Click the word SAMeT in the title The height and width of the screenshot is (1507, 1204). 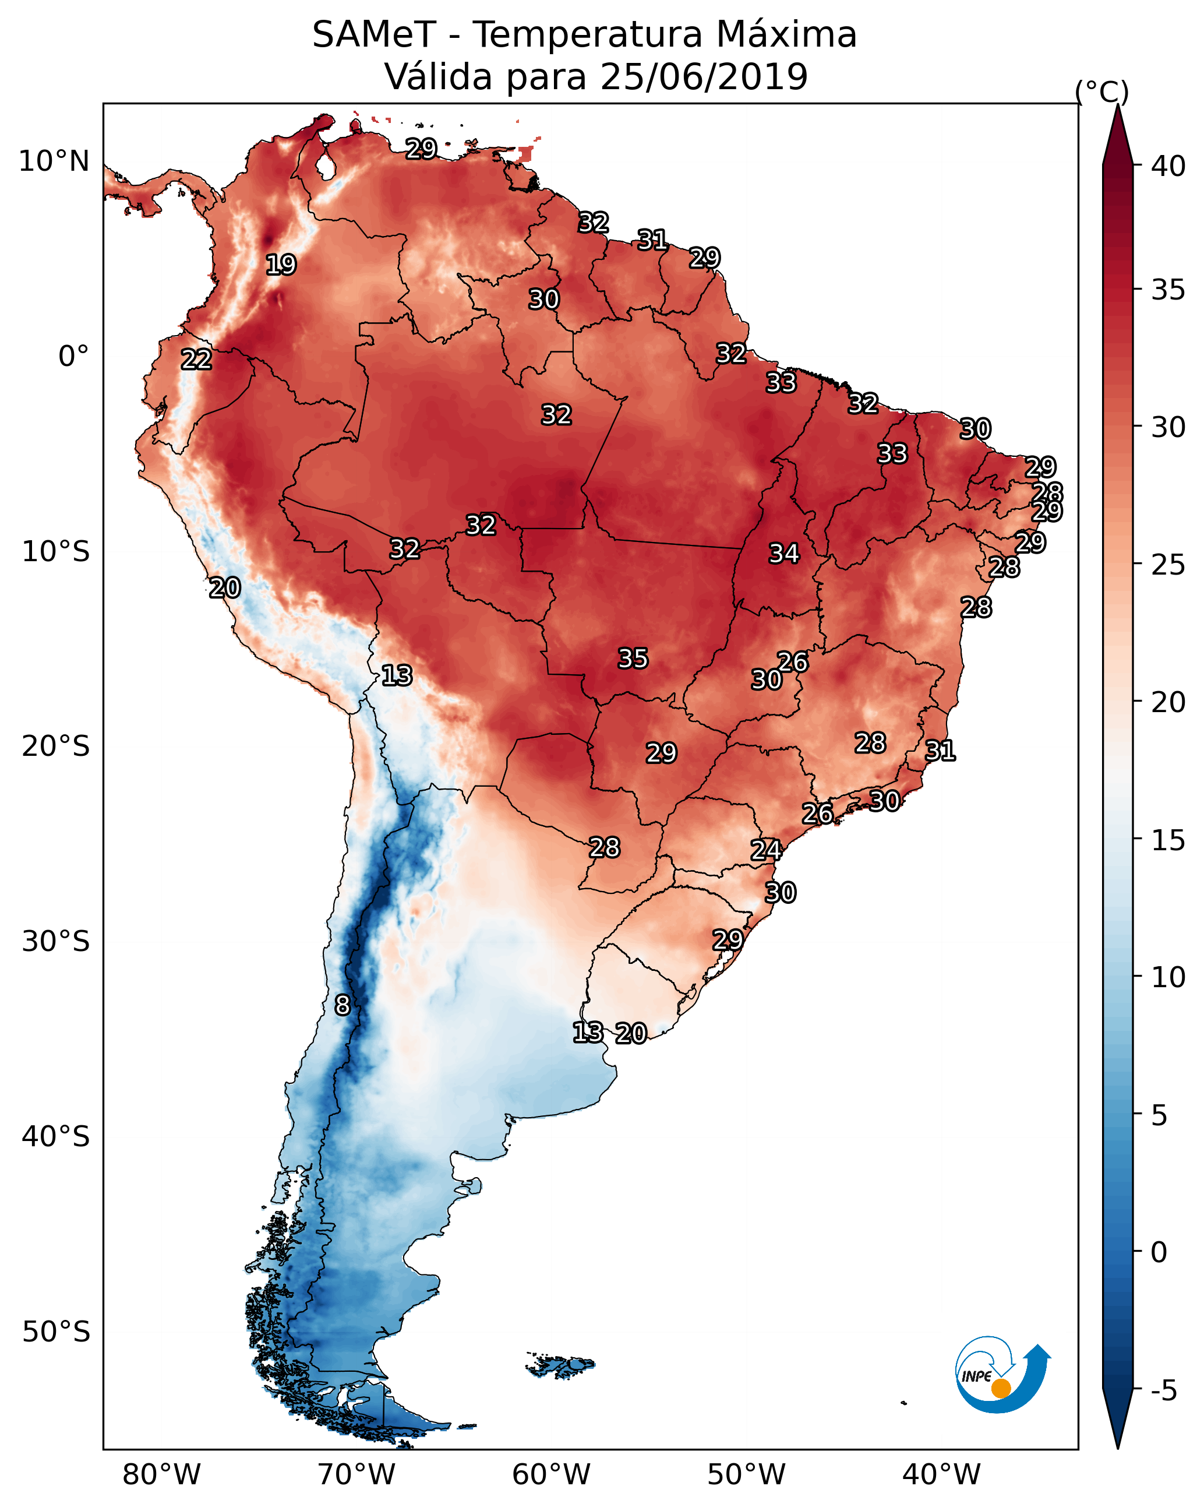point(374,35)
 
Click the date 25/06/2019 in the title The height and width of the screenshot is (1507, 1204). point(704,76)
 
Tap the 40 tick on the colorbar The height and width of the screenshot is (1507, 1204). point(1168,166)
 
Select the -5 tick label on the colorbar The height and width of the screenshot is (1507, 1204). point(1163,1390)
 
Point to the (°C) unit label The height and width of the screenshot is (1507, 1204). point(1101,91)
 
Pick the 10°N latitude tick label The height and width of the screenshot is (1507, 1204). point(54,161)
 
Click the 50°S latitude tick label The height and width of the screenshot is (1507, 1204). point(56,1332)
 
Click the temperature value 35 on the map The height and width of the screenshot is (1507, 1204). point(633,659)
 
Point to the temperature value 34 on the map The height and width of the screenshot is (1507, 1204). point(784,554)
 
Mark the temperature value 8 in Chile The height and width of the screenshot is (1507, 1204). point(343,1005)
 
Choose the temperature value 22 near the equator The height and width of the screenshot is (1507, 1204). point(196,360)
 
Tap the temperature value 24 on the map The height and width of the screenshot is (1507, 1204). point(766,850)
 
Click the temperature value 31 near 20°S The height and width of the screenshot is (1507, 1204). point(940,751)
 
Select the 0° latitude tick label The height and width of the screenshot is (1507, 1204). point(73,357)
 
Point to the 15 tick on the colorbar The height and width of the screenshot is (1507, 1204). point(1168,840)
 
